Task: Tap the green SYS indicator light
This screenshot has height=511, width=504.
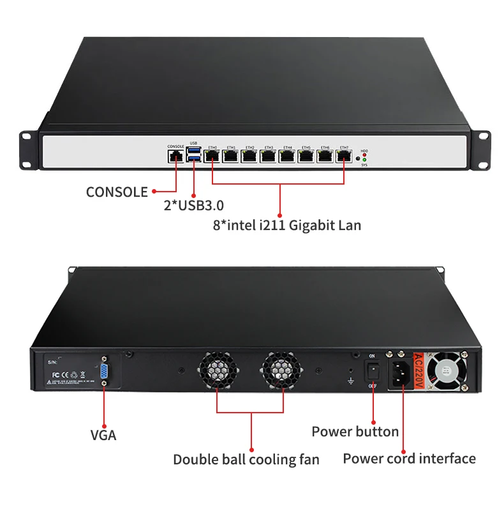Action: pyautogui.click(x=364, y=160)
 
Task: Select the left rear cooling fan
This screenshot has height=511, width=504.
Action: pyautogui.click(x=217, y=371)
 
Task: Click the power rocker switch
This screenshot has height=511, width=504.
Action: pyautogui.click(x=373, y=371)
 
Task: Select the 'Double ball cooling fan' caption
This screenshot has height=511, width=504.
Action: pyautogui.click(x=246, y=459)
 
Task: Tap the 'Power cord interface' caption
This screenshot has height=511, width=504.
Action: pyautogui.click(x=409, y=458)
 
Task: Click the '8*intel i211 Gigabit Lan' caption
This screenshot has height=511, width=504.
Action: pyautogui.click(x=286, y=225)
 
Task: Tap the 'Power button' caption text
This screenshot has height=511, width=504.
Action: pyautogui.click(x=355, y=431)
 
